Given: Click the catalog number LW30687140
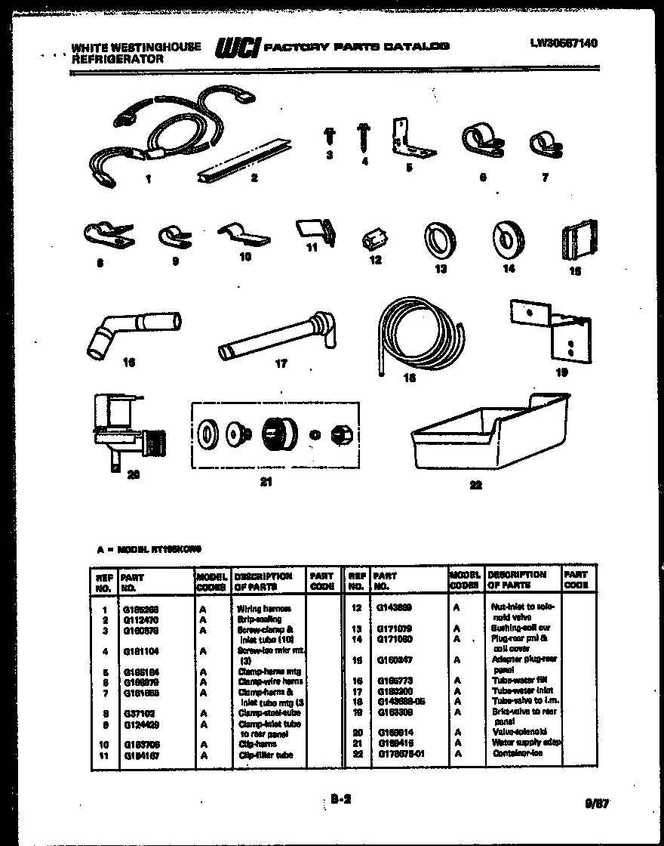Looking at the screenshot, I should coord(564,44).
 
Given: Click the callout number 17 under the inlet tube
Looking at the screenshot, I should coord(281,363).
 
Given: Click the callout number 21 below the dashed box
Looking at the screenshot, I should coord(266,481).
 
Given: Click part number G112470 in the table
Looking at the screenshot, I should coord(140,619).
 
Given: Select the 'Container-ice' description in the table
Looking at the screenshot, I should coord(513,753).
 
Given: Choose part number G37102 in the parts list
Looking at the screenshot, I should coord(136,712).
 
